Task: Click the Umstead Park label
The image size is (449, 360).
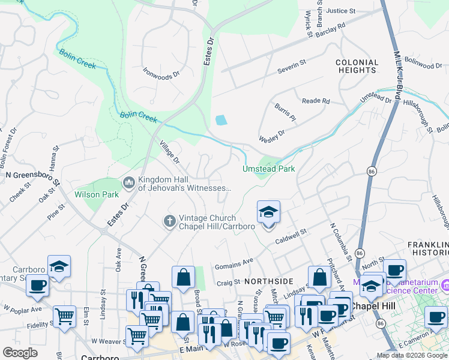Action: pyautogui.click(x=268, y=169)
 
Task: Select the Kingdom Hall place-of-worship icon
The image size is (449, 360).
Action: pyautogui.click(x=128, y=182)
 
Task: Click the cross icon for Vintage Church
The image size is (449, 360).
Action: pyautogui.click(x=169, y=221)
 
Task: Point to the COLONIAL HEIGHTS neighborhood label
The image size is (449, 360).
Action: pyautogui.click(x=357, y=66)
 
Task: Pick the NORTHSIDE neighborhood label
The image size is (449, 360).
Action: pyautogui.click(x=268, y=281)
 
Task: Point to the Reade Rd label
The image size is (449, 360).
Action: pyautogui.click(x=316, y=101)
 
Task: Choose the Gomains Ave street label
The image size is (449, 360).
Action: pyautogui.click(x=235, y=262)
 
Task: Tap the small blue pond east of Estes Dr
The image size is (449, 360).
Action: pyautogui.click(x=221, y=120)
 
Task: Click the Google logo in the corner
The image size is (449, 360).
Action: pyautogui.click(x=20, y=353)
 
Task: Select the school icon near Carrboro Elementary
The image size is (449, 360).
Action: pyautogui.click(x=59, y=267)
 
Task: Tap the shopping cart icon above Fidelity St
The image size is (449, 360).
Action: pyautogui.click(x=64, y=315)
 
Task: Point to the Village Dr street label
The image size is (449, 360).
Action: pyautogui.click(x=169, y=152)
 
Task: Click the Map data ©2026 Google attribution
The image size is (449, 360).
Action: pyautogui.click(x=411, y=355)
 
